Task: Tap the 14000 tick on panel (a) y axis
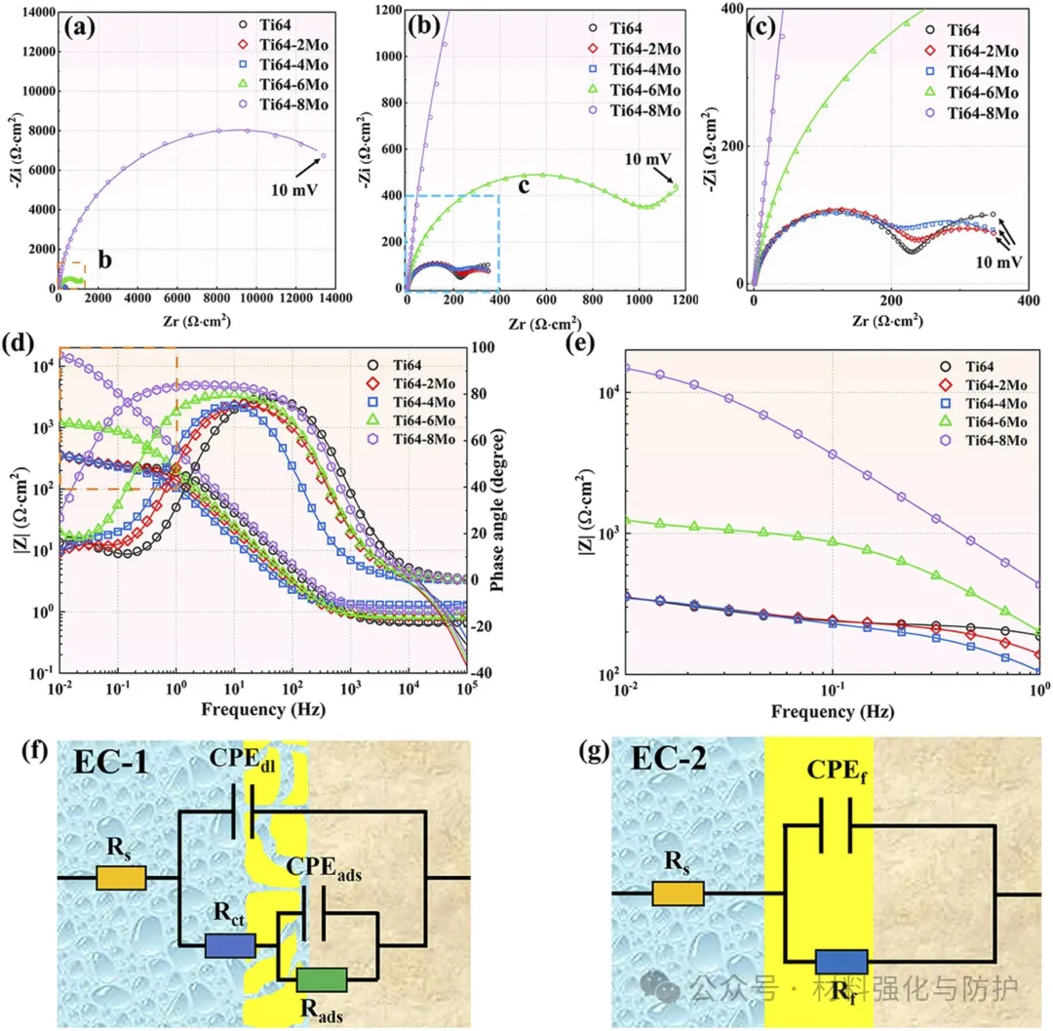[37, 11]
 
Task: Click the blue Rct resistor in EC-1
[230, 945]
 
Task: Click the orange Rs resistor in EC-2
[678, 893]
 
